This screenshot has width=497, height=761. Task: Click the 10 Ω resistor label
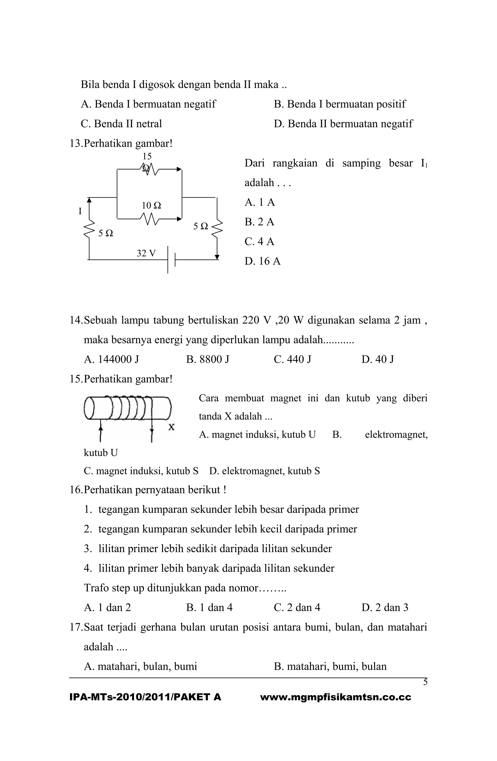(151, 205)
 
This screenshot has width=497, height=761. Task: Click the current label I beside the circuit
(80, 211)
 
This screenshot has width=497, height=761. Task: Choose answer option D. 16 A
(263, 261)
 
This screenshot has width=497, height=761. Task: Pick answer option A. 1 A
(260, 202)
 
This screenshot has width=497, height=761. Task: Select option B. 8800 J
(208, 359)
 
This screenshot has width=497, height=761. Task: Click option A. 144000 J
(111, 359)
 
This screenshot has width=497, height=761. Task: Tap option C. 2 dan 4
(297, 607)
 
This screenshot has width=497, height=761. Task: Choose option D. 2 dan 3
(385, 607)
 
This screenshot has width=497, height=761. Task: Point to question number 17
(75, 627)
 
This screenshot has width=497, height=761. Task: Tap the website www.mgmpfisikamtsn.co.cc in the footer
(336, 697)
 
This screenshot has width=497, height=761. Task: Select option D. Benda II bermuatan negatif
(343, 124)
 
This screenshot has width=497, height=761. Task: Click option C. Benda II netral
(121, 124)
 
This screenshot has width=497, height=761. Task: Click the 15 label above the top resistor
(147, 156)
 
